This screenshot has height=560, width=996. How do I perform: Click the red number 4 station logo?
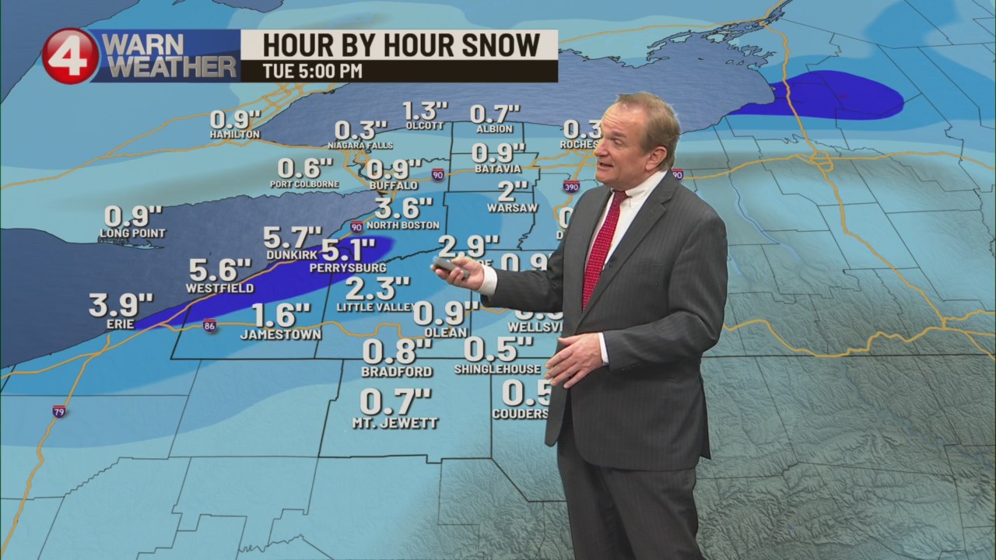70,56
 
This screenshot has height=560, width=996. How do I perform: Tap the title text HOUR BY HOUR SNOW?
401,45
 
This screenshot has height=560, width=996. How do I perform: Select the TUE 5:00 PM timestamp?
312,71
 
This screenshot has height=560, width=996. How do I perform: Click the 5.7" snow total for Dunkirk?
292,236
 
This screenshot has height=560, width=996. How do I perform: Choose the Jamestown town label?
281,334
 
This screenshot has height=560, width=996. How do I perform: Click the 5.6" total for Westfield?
221,270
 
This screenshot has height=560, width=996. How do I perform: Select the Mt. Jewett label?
395,423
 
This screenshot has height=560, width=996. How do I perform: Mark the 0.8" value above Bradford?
397,352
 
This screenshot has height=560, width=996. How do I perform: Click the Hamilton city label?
234,135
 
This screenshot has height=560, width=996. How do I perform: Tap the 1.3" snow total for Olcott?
426,112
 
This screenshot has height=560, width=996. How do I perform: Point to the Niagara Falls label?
360,145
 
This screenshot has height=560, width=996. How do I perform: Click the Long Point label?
132,233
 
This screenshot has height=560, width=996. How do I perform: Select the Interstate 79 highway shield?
59,411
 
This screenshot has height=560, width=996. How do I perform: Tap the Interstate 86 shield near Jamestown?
209,326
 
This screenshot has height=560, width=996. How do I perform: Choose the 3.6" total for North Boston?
403,208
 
